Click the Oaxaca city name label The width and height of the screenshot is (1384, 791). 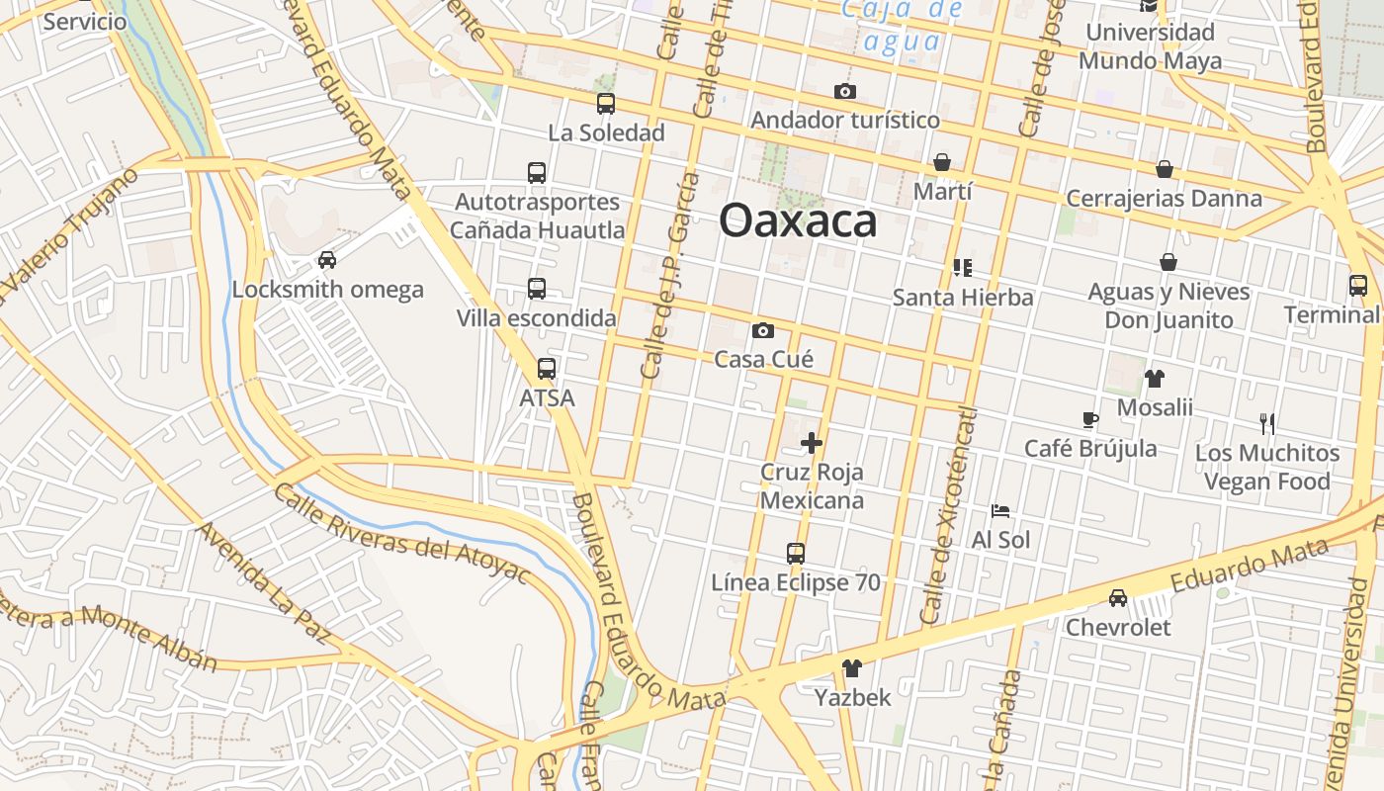[x=798, y=220]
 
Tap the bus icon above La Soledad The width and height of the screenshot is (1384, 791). [x=606, y=104]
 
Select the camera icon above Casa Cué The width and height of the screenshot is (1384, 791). [x=763, y=330]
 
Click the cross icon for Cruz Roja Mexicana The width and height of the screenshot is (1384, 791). [x=812, y=443]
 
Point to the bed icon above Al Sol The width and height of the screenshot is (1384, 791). [x=1000, y=511]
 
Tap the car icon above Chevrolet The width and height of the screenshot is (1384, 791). [x=1118, y=598]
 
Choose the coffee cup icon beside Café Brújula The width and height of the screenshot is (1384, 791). [x=1090, y=419]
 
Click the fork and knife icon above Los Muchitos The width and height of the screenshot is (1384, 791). [x=1267, y=424]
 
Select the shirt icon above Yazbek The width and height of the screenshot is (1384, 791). [x=852, y=668]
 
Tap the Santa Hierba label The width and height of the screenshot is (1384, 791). [x=963, y=298]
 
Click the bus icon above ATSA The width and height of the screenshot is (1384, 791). [x=547, y=370]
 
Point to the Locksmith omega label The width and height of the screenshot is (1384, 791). [x=327, y=290]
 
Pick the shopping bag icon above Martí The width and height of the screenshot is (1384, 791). [x=942, y=162]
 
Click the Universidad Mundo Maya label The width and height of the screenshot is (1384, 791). [x=1150, y=46]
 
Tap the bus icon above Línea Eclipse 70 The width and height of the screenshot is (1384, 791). [x=796, y=554]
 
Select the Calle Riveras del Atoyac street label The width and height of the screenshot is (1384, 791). [x=402, y=534]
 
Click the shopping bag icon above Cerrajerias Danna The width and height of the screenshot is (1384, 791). [x=1165, y=169]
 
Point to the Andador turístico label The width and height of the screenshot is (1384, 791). [x=845, y=121]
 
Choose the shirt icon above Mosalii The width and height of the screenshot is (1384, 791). [x=1155, y=378]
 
